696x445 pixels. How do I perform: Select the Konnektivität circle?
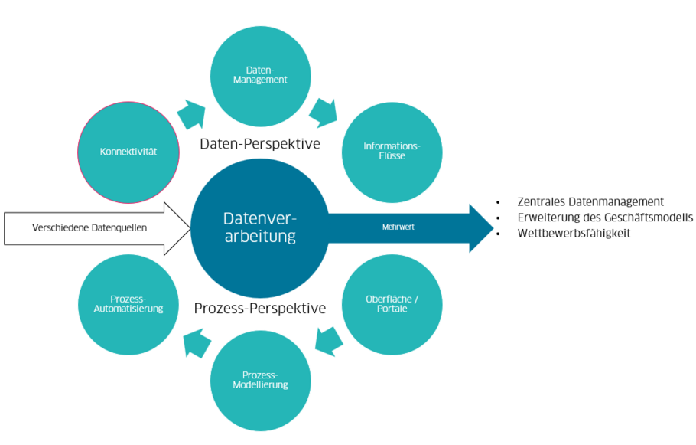click(128, 152)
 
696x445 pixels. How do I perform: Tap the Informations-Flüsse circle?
click(392, 152)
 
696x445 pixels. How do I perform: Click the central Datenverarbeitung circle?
click(259, 227)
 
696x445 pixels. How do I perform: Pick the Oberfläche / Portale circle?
click(392, 304)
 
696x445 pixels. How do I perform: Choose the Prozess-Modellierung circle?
click(261, 380)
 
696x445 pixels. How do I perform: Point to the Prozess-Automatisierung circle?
click(128, 304)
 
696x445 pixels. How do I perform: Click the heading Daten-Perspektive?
click(260, 144)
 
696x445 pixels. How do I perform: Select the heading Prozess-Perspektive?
click(260, 309)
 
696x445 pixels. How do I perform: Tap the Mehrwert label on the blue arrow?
click(398, 227)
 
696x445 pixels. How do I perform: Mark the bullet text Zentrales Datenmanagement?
click(590, 202)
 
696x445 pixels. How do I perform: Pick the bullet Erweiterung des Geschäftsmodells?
click(605, 218)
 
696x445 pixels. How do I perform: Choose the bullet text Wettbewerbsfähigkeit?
click(574, 233)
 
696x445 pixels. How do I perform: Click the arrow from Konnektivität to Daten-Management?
click(192, 113)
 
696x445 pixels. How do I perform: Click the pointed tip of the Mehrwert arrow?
click(489, 227)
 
